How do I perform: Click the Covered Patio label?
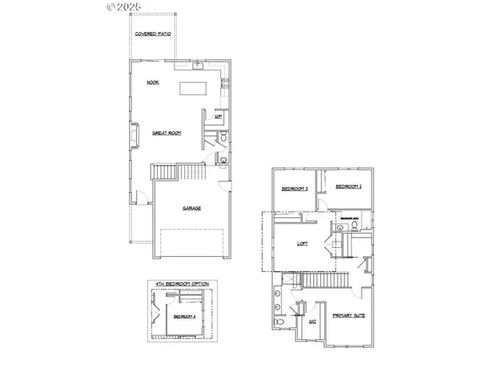(153, 35)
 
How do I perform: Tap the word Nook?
(154, 82)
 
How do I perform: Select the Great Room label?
(167, 134)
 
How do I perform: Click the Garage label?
(191, 209)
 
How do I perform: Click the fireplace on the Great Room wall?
(134, 134)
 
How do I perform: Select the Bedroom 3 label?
(295, 188)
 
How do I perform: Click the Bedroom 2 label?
(348, 187)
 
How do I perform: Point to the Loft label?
(303, 243)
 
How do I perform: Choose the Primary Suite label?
(348, 316)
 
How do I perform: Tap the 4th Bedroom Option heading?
(183, 283)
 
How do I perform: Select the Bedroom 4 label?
(184, 316)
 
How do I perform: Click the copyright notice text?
(124, 6)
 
